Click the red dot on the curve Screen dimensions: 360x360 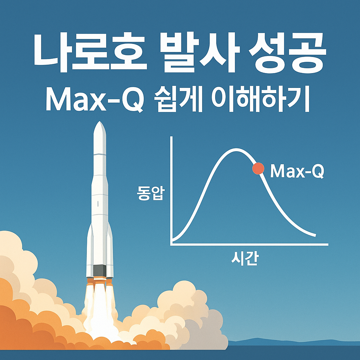click(x=258, y=169)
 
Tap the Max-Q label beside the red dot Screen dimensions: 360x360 click(x=297, y=172)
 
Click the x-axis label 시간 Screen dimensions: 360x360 click(x=245, y=259)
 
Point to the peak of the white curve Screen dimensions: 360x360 click(x=235, y=149)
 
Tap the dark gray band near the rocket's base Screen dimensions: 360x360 click(x=100, y=271)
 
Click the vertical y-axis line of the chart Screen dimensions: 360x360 click(x=171, y=190)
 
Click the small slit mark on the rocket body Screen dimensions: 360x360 click(x=98, y=204)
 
